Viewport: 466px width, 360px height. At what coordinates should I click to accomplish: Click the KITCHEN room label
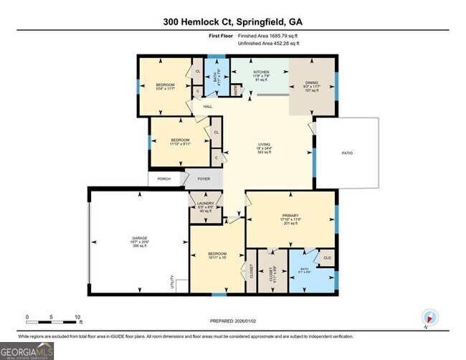(x=260, y=73)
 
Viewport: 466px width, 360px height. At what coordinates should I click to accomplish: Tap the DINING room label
(x=312, y=81)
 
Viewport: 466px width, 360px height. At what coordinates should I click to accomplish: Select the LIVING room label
(x=265, y=144)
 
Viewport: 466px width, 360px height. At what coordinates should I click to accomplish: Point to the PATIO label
(x=347, y=153)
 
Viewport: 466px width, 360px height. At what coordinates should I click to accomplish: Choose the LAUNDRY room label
(x=204, y=204)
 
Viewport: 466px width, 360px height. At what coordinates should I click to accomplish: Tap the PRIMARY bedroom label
(x=290, y=215)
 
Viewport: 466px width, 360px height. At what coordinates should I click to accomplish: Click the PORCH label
(x=164, y=179)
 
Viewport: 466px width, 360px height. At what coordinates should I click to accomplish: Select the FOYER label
(x=205, y=179)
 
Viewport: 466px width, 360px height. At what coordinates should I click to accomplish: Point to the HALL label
(x=208, y=106)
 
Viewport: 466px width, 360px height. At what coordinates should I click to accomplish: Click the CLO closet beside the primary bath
(x=326, y=257)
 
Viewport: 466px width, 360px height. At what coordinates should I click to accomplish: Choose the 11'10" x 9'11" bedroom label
(x=180, y=140)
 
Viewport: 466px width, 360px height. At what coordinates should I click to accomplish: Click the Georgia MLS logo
(x=27, y=351)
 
